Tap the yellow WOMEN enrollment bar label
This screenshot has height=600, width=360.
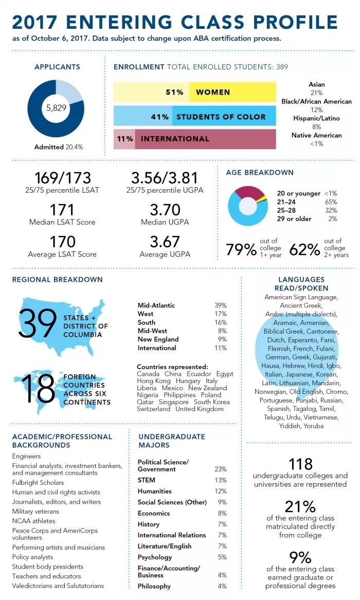pyautogui.click(x=213, y=93)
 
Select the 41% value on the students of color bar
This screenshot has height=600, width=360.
pyautogui.click(x=160, y=117)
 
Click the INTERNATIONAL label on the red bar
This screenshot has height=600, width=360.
pyautogui.click(x=175, y=139)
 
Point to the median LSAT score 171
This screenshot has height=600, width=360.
pyautogui.click(x=62, y=210)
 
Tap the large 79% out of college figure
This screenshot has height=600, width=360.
pyautogui.click(x=241, y=250)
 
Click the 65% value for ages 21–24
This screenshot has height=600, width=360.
pyautogui.click(x=331, y=202)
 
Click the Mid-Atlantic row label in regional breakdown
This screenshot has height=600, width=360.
pyautogui.click(x=156, y=305)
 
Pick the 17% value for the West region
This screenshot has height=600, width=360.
pyautogui.click(x=221, y=314)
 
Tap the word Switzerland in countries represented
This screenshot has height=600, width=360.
pyautogui.click(x=153, y=409)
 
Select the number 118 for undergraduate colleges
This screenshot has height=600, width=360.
pyautogui.click(x=301, y=464)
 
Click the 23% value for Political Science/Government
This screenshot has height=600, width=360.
pyautogui.click(x=221, y=469)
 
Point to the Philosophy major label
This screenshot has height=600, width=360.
pyautogui.click(x=154, y=586)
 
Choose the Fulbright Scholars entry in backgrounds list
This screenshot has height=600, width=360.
pyautogui.click(x=38, y=482)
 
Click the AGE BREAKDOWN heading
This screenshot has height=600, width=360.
pyautogui.click(x=260, y=173)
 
